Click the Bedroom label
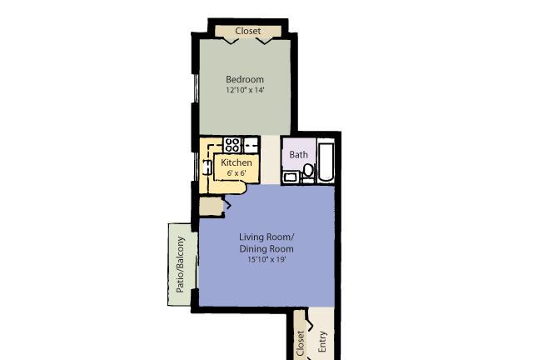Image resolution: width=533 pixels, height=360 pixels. pyautogui.click(x=245, y=79)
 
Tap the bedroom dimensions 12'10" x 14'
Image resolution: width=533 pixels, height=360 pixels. pyautogui.click(x=245, y=90)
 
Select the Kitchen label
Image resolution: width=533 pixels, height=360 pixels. pyautogui.click(x=237, y=162)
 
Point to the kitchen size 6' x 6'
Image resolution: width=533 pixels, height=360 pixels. pyautogui.click(x=237, y=173)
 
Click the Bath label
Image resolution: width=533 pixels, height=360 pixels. pyautogui.click(x=298, y=154)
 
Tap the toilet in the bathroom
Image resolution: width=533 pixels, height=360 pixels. pyautogui.click(x=308, y=171)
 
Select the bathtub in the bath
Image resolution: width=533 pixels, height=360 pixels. pyautogui.click(x=326, y=162)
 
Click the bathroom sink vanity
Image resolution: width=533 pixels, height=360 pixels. pyautogui.click(x=291, y=177)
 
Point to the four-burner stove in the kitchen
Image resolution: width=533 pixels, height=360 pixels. pyautogui.click(x=232, y=145)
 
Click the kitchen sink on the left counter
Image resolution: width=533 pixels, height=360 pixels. pyautogui.click(x=207, y=167)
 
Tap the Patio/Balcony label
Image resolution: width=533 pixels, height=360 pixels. pyautogui.click(x=180, y=264)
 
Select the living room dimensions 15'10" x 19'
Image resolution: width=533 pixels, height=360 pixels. pyautogui.click(x=266, y=259)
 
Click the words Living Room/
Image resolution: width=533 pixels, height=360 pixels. pyautogui.click(x=266, y=237)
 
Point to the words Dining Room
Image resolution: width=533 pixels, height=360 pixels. pyautogui.click(x=266, y=248)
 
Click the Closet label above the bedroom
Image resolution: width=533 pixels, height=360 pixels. pyautogui.click(x=248, y=31)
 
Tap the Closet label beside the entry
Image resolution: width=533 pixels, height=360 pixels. pyautogui.click(x=301, y=343)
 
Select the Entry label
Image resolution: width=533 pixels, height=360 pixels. pyautogui.click(x=322, y=342)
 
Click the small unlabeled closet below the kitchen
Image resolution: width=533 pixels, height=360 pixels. pyautogui.click(x=211, y=207)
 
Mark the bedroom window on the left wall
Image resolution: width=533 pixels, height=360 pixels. pyautogui.click(x=196, y=87)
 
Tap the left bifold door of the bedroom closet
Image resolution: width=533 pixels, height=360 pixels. pyautogui.click(x=230, y=41)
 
